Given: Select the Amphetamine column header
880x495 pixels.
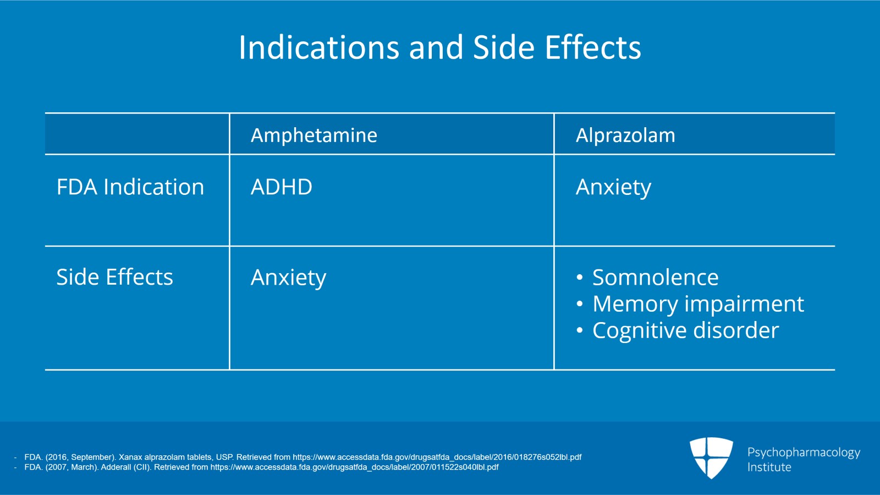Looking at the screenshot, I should pyautogui.click(x=313, y=135).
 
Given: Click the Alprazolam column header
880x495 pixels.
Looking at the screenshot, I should pyautogui.click(x=625, y=135).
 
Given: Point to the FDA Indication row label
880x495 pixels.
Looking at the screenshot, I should pyautogui.click(x=130, y=187).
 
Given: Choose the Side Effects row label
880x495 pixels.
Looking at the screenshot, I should pyautogui.click(x=114, y=277).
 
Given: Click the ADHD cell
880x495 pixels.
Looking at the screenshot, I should pyautogui.click(x=281, y=187).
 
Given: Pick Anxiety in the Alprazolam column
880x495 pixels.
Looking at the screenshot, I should pyautogui.click(x=613, y=188).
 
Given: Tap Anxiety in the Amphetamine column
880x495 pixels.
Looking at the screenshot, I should pyautogui.click(x=288, y=278).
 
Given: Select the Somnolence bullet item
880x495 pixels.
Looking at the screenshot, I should pyautogui.click(x=654, y=278).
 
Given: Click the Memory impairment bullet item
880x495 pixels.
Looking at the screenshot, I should pyautogui.click(x=697, y=304).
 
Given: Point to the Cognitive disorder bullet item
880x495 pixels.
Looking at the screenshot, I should pyautogui.click(x=685, y=330).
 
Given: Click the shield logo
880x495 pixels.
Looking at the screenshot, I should pyautogui.click(x=711, y=458).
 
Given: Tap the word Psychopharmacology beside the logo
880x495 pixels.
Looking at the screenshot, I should pyautogui.click(x=803, y=453).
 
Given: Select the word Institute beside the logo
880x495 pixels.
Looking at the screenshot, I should pyautogui.click(x=769, y=467).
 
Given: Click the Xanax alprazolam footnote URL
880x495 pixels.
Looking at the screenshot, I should pyautogui.click(x=437, y=457).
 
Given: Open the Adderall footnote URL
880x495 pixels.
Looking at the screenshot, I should pyautogui.click(x=354, y=467).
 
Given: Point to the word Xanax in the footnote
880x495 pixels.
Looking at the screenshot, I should pyautogui.click(x=130, y=457).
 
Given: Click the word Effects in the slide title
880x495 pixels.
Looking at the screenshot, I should pyautogui.click(x=593, y=48).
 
